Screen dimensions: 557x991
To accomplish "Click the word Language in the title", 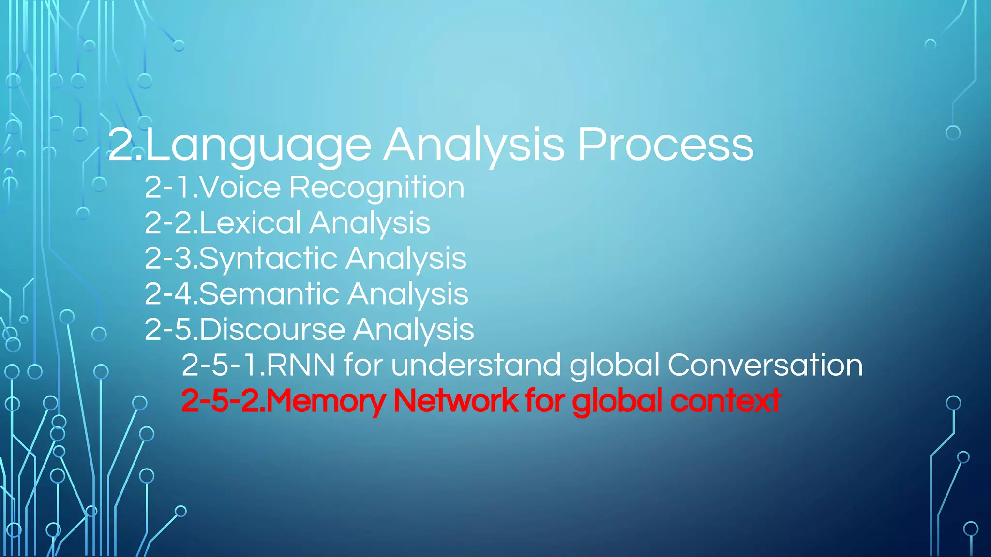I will pos(258,145).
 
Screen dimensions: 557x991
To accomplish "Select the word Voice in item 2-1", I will pos(240,187).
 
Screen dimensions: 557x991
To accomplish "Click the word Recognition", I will pos(377,188).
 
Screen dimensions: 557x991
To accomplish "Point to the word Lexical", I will pos(250,223).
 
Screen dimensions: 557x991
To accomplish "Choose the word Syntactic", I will pos(268,259).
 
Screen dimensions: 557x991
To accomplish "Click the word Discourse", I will pos(272,329).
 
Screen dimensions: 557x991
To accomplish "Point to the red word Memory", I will pos(326,401).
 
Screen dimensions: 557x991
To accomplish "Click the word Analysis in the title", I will pos(474,145).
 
